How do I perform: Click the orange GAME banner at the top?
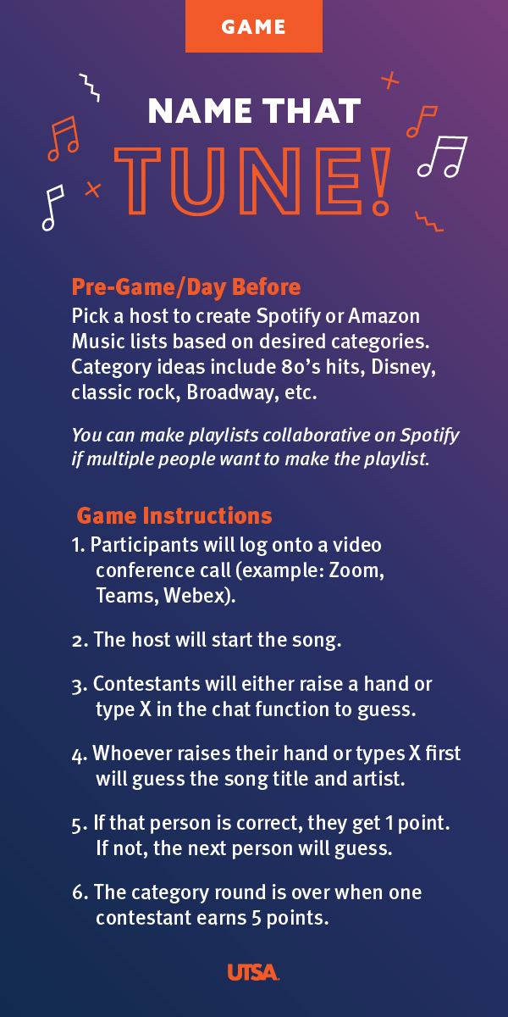(x=253, y=26)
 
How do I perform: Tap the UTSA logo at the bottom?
(x=253, y=972)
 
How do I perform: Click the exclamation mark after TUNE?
(x=380, y=181)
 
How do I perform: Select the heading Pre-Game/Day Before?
(x=186, y=287)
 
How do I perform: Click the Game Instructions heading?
(x=174, y=516)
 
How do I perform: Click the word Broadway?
(x=230, y=392)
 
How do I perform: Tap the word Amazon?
(x=384, y=316)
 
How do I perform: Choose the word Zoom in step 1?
(x=354, y=570)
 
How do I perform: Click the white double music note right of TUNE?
(x=442, y=156)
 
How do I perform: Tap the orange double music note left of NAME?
(x=63, y=138)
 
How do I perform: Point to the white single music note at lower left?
(x=52, y=208)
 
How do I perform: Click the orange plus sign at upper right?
(x=389, y=81)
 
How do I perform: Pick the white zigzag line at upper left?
(x=90, y=87)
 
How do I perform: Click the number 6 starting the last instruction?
(x=78, y=892)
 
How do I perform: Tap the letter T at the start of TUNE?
(x=137, y=181)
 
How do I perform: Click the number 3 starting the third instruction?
(x=77, y=685)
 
